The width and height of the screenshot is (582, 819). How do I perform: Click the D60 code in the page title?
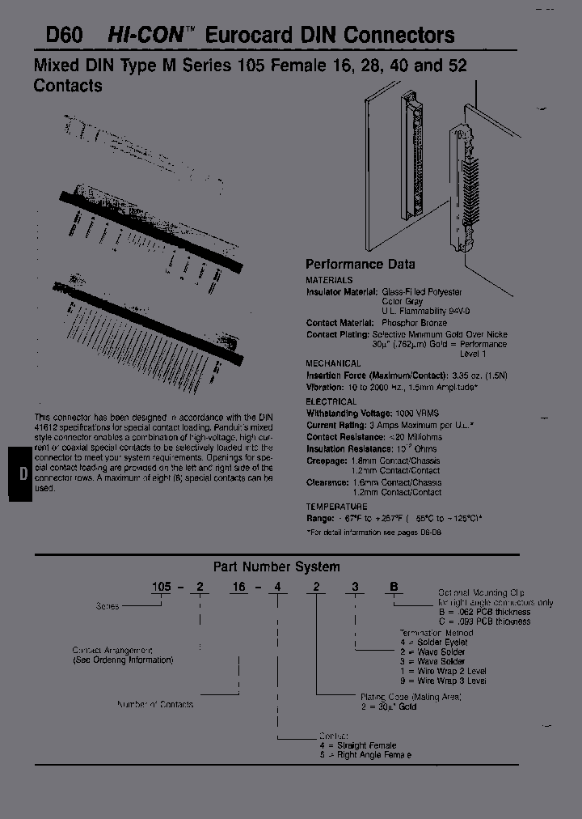pos(57,36)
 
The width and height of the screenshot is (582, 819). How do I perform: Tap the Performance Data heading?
pos(360,265)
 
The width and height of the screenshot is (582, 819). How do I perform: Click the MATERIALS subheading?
pos(330,280)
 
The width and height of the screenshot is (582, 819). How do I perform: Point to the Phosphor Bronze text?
pos(414,323)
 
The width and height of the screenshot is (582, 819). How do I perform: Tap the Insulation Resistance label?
pos(348,448)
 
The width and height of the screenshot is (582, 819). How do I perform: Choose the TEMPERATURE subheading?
pos(337,506)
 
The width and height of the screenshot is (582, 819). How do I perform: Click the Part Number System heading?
pos(276,567)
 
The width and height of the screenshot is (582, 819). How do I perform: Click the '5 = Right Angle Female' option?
pos(365,754)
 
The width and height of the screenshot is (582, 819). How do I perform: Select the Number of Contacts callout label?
pos(155,705)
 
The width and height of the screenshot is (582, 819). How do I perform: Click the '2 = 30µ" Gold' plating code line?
pos(390,706)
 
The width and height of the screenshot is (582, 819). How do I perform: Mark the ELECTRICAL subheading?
pos(331,401)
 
